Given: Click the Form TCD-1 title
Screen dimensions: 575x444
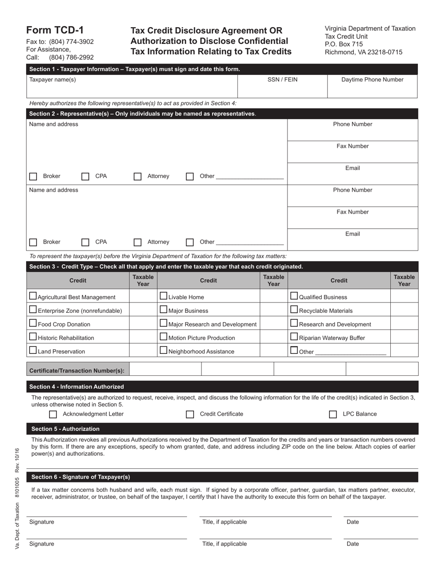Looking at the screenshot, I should click(x=55, y=30).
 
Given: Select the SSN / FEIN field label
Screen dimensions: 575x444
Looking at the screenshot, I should click(x=282, y=79).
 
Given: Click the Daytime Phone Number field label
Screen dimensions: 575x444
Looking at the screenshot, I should click(x=372, y=79).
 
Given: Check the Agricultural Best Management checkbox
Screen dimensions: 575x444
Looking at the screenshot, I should click(x=33, y=296).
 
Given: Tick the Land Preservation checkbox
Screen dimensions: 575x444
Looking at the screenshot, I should click(x=33, y=350).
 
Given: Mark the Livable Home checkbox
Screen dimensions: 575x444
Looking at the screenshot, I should click(x=164, y=296).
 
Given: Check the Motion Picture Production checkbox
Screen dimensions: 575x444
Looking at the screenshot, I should click(x=164, y=337).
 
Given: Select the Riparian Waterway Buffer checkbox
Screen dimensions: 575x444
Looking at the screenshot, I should click(x=294, y=337).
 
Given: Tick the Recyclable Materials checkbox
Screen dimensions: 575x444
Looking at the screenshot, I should click(x=294, y=309).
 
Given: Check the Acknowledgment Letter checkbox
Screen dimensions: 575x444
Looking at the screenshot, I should click(x=53, y=414).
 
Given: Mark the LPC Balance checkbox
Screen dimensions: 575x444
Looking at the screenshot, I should click(x=333, y=414).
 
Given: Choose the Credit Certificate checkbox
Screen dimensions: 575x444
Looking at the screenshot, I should click(x=190, y=414).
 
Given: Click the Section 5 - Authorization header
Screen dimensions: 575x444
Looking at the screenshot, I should click(x=65, y=429).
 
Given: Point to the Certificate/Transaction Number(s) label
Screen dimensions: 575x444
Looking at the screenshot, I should click(x=77, y=371).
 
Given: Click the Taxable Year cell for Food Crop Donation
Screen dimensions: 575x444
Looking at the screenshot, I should click(x=143, y=323).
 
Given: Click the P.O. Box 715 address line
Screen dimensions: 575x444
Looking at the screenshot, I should click(x=344, y=44).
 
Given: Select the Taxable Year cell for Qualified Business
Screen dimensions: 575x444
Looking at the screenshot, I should click(x=404, y=296).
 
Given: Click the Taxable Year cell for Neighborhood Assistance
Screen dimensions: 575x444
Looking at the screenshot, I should click(x=273, y=351).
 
